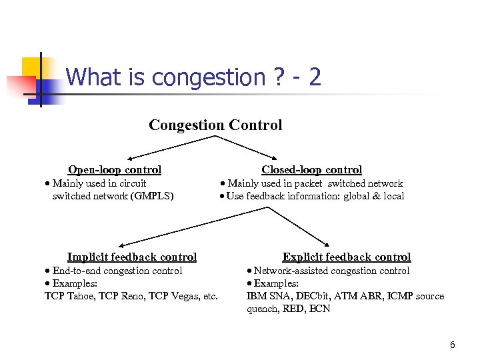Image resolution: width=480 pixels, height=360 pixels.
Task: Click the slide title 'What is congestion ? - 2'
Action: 193,78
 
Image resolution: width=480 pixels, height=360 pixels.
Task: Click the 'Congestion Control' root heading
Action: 215,125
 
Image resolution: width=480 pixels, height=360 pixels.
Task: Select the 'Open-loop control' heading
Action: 115,170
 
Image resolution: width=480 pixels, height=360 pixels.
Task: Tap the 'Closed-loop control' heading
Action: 311,170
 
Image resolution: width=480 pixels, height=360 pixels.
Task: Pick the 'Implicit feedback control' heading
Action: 132,257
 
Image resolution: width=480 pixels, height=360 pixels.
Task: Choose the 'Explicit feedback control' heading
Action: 347,257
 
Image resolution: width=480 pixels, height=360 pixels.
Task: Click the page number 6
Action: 453,345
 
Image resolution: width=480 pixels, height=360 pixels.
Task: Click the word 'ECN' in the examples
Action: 319,309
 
